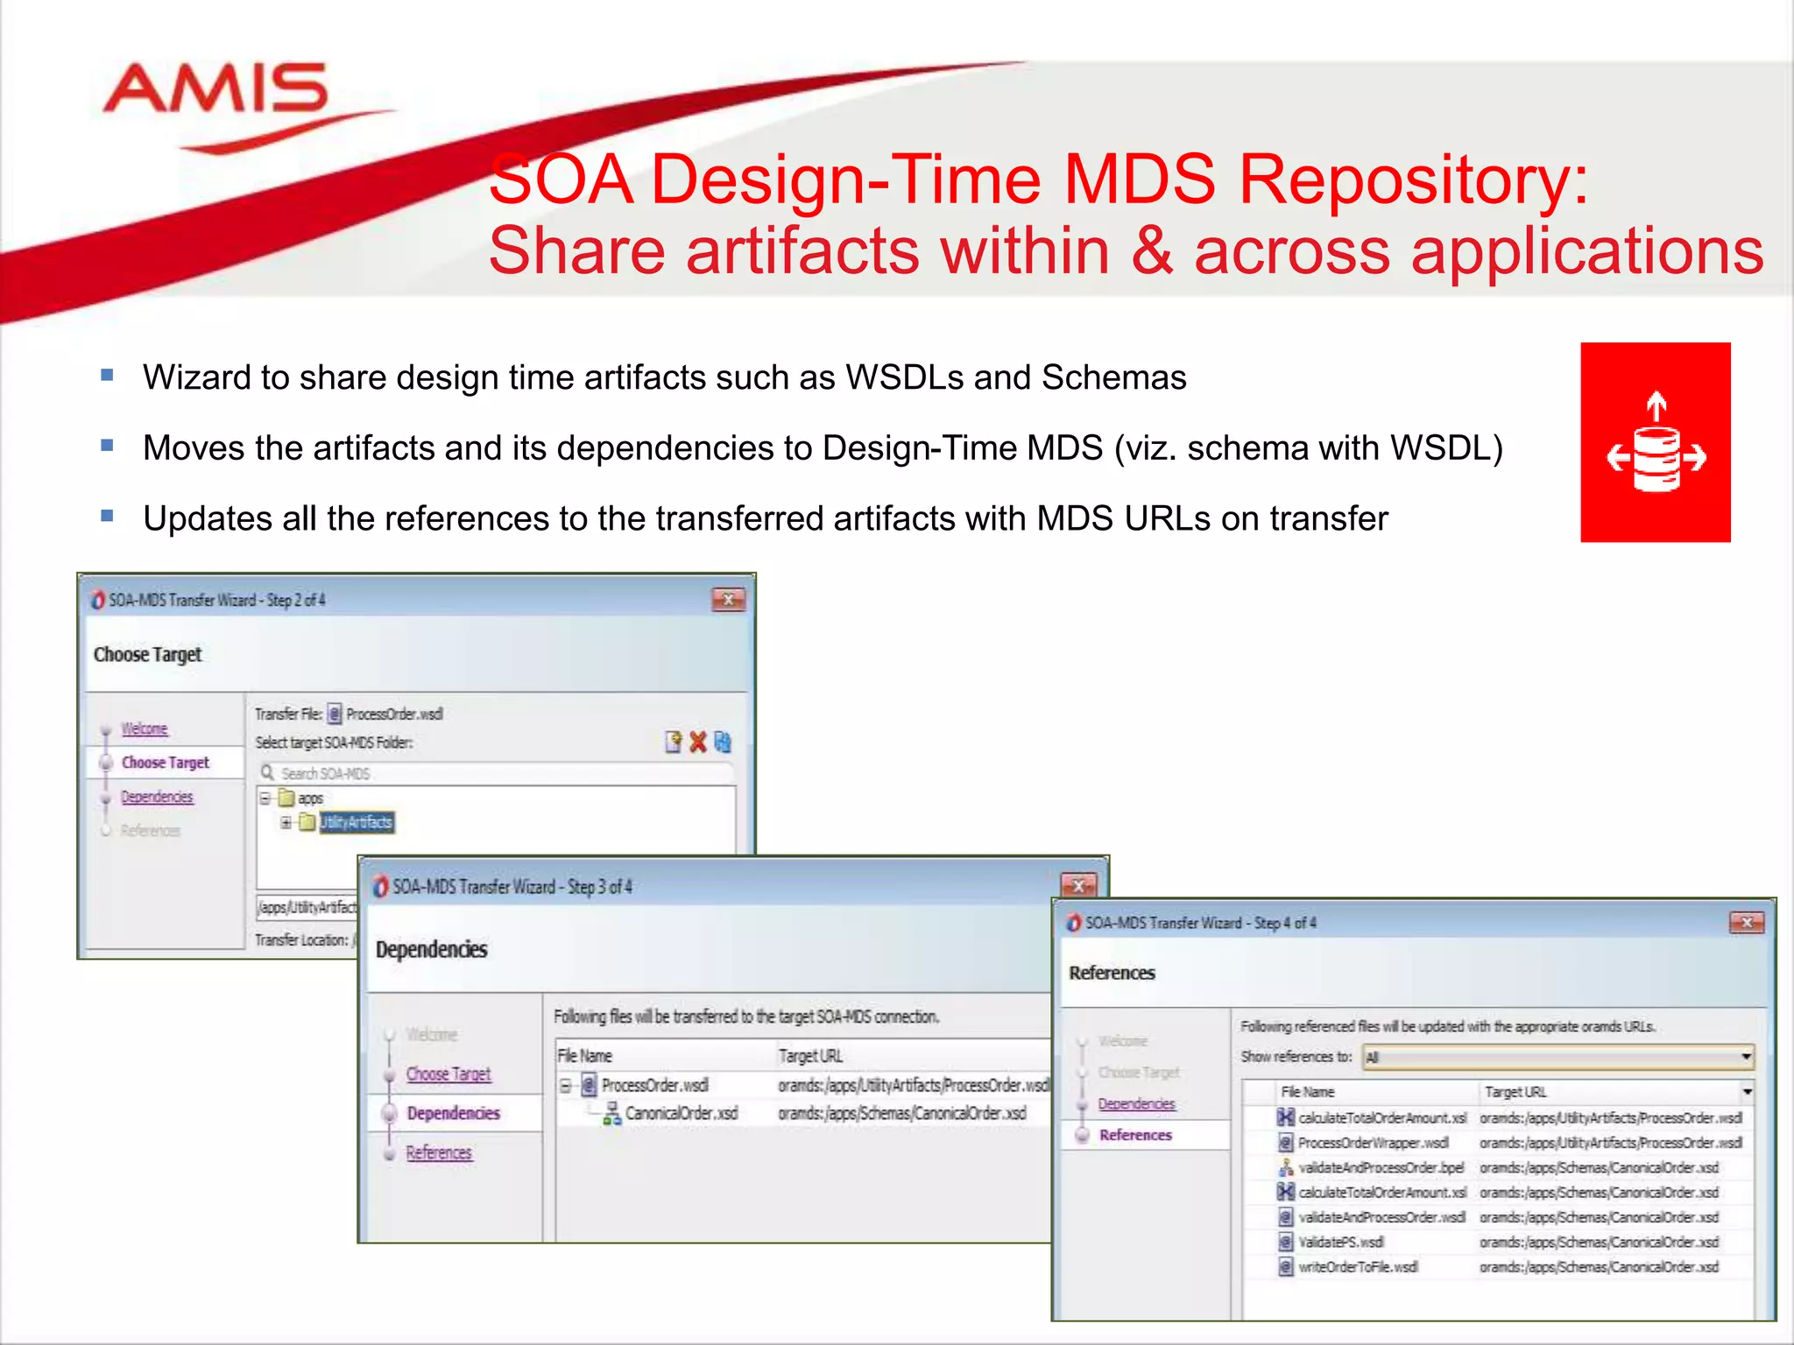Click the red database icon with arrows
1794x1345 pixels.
[x=1655, y=442]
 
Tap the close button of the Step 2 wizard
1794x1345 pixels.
[x=728, y=600]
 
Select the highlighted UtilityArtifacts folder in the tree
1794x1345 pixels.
[x=356, y=822]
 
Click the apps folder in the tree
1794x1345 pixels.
[x=310, y=799]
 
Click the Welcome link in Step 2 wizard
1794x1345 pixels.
[x=145, y=729]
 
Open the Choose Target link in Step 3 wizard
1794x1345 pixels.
[x=448, y=1074]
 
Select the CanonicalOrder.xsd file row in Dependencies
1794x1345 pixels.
[x=681, y=1113]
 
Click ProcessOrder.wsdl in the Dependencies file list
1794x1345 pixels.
[x=654, y=1086]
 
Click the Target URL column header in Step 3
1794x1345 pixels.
[x=810, y=1056]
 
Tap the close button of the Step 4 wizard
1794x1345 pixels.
[x=1746, y=922]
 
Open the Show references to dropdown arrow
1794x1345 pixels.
[x=1745, y=1057]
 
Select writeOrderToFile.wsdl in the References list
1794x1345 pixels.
[x=1357, y=1267]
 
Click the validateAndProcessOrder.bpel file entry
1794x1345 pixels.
[x=1381, y=1167]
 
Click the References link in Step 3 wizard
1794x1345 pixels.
[x=438, y=1152]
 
